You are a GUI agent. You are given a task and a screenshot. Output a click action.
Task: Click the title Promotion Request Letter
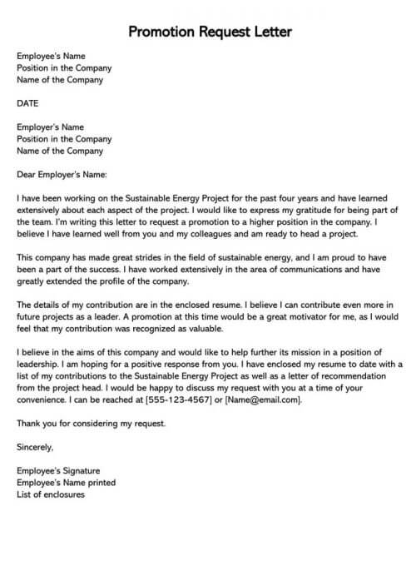coord(210,32)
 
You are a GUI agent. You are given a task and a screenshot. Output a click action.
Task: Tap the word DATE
coord(28,104)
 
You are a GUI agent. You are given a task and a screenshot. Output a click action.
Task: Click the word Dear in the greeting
coord(27,175)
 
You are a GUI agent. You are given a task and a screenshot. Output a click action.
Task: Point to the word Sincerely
coord(35,447)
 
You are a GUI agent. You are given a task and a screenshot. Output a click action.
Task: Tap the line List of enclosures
coord(51,494)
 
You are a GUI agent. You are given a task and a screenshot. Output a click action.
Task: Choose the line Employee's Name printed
coord(66,482)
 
